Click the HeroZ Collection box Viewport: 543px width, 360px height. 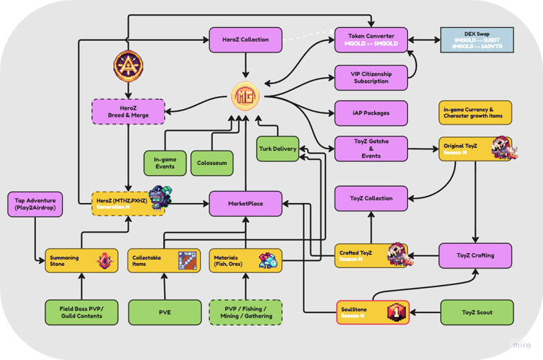coord(245,40)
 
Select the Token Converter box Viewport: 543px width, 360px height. coord(371,40)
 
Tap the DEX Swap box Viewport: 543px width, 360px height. coord(477,40)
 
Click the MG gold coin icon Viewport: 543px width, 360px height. coord(245,95)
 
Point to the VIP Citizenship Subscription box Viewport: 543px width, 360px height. coord(371,77)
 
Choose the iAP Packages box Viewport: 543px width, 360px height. coord(371,112)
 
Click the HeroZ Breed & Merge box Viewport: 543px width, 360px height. coord(128,111)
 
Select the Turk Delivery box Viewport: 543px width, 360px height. coord(276,149)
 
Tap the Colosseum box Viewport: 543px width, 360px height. coord(211,163)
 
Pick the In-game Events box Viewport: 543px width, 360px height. coord(165,163)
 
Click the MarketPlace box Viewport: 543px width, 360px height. coord(245,204)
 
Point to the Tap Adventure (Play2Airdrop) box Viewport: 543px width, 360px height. coord(35,204)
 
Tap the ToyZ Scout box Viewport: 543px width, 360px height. coord(476,312)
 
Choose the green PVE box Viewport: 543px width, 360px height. coord(165,312)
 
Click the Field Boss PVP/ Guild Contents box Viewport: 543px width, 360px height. coord(81,312)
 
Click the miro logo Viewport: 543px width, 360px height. coord(524,344)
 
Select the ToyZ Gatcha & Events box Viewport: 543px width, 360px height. coord(371,149)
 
